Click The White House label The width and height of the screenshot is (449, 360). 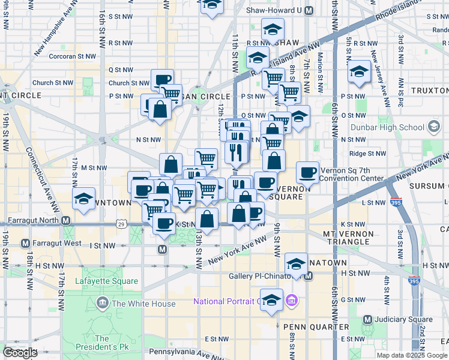143,304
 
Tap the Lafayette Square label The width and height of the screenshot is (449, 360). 107,281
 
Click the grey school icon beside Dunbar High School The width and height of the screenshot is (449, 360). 434,127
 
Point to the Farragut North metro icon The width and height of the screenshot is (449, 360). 67,220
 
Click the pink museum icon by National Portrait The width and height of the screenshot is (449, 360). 291,299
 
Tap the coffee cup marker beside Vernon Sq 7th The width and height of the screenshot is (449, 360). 308,172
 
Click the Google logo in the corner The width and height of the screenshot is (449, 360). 20,353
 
